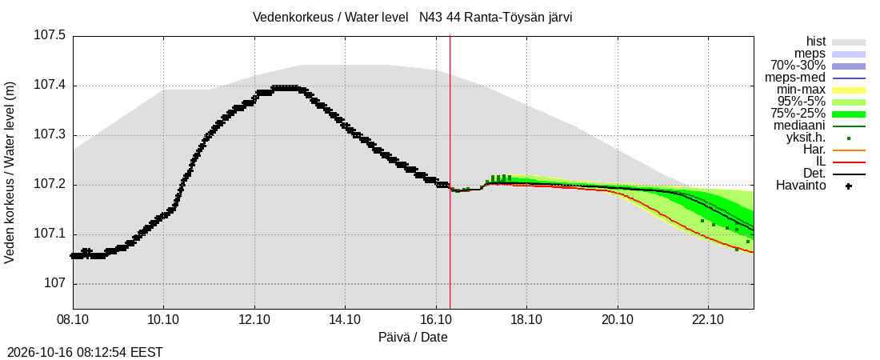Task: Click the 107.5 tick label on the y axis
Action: tap(50, 36)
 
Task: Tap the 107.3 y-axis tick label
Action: tap(50, 135)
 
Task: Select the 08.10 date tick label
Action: tap(73, 320)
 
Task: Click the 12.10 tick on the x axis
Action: tap(254, 320)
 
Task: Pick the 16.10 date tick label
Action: tap(436, 320)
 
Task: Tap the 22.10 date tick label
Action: tap(708, 320)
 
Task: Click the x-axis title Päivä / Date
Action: tap(413, 338)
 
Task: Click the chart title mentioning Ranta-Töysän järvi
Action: tap(413, 18)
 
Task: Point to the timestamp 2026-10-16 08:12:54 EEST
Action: tap(82, 352)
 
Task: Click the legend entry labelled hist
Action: tap(816, 42)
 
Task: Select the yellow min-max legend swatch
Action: tap(849, 90)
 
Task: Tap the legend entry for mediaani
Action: tap(800, 126)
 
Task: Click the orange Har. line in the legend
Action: tap(849, 150)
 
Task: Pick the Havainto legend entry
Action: tap(801, 186)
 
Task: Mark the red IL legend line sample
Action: tap(849, 162)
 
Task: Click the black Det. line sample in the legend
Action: tap(849, 174)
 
